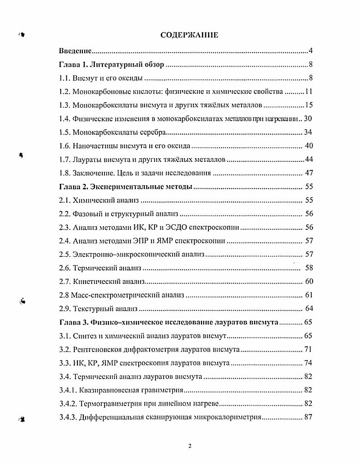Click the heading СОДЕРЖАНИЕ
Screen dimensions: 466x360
click(189, 35)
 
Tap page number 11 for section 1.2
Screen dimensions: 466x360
click(309, 91)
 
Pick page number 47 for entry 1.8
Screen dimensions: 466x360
click(309, 173)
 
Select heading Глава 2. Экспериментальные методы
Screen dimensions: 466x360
click(126, 186)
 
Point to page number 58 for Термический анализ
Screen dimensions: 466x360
click(309, 268)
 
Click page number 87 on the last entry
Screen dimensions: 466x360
click(309, 417)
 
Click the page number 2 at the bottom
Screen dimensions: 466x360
click(190, 446)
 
